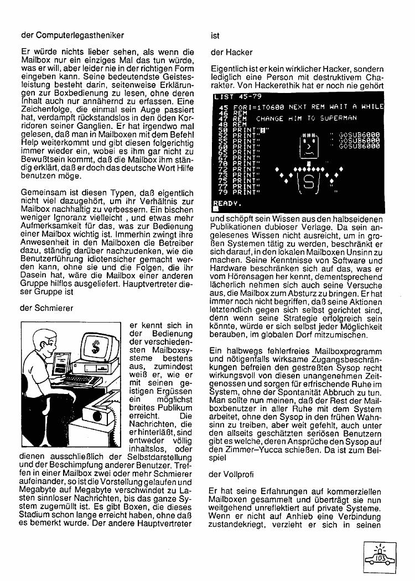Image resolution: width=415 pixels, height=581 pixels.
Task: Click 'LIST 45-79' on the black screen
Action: [x=236, y=97]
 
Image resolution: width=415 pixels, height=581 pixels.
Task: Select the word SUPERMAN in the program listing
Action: [x=337, y=118]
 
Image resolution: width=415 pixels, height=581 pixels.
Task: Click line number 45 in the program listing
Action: [x=224, y=107]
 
